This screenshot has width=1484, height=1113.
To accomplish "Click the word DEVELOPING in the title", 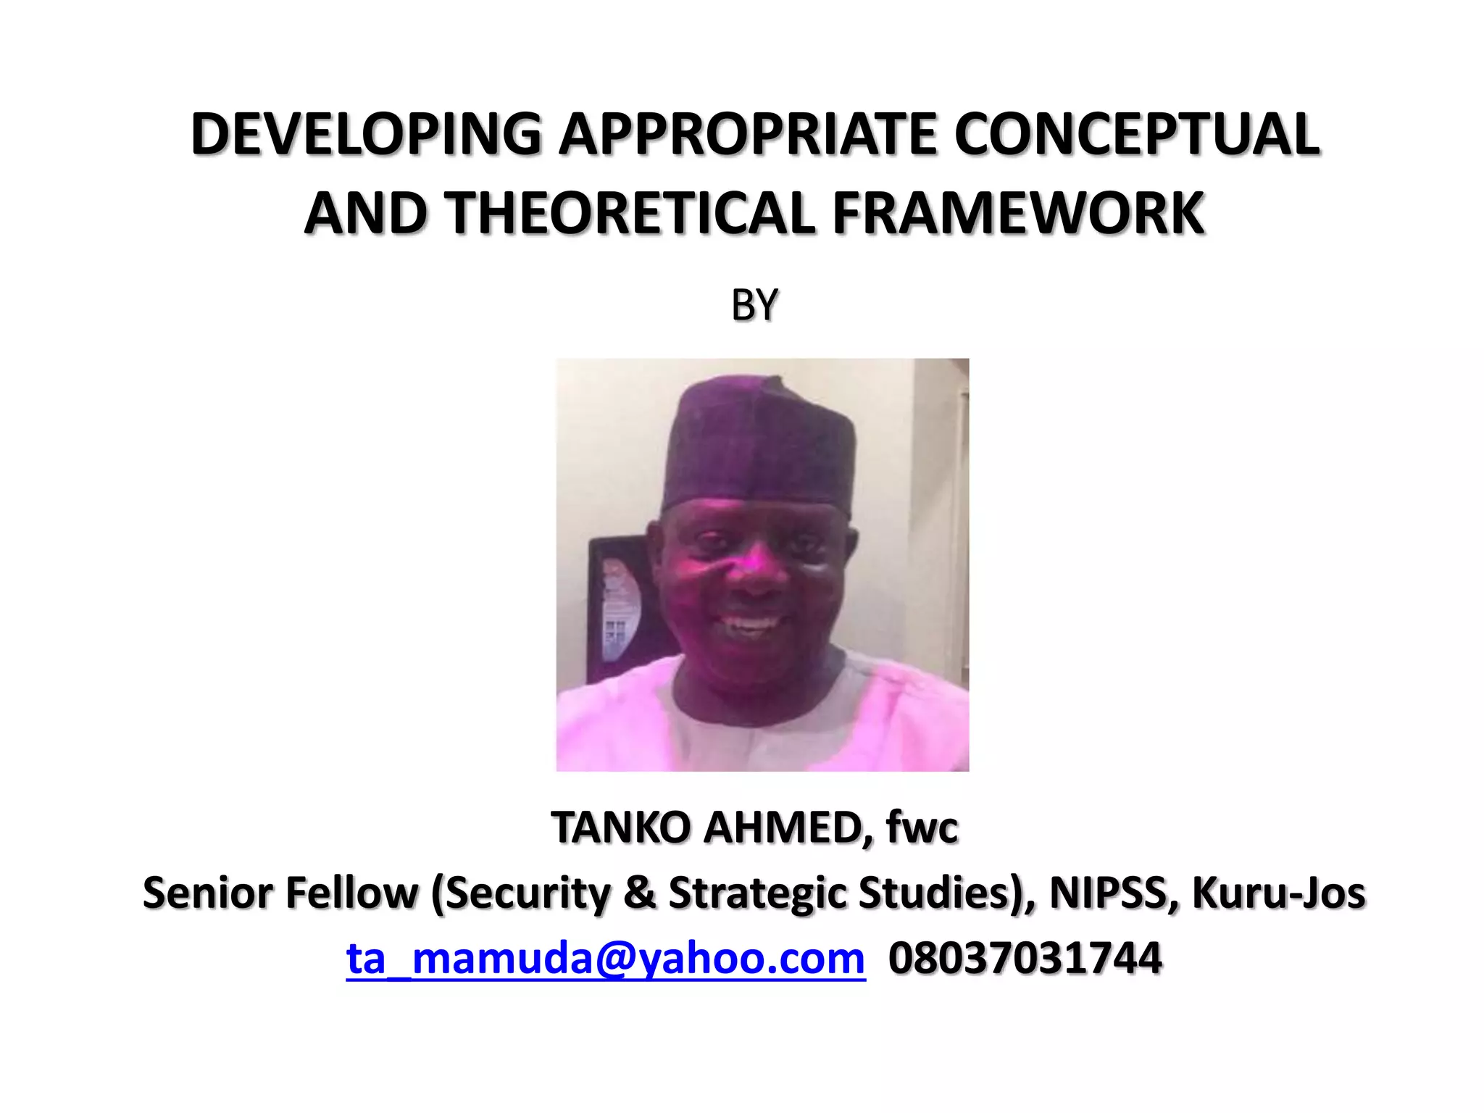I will click(366, 135).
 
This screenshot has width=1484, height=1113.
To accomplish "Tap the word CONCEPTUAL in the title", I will click(1136, 135).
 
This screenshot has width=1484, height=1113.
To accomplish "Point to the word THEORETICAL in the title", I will click(629, 214).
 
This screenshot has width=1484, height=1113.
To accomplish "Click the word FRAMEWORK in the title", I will click(1019, 214).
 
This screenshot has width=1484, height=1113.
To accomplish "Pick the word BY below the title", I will click(754, 305).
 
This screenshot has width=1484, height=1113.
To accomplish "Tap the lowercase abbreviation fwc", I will click(922, 828).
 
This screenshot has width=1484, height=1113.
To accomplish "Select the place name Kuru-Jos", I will click(1279, 893).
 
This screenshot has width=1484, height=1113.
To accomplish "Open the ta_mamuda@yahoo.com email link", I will click(606, 959).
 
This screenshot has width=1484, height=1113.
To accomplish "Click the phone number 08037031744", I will click(1025, 959).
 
